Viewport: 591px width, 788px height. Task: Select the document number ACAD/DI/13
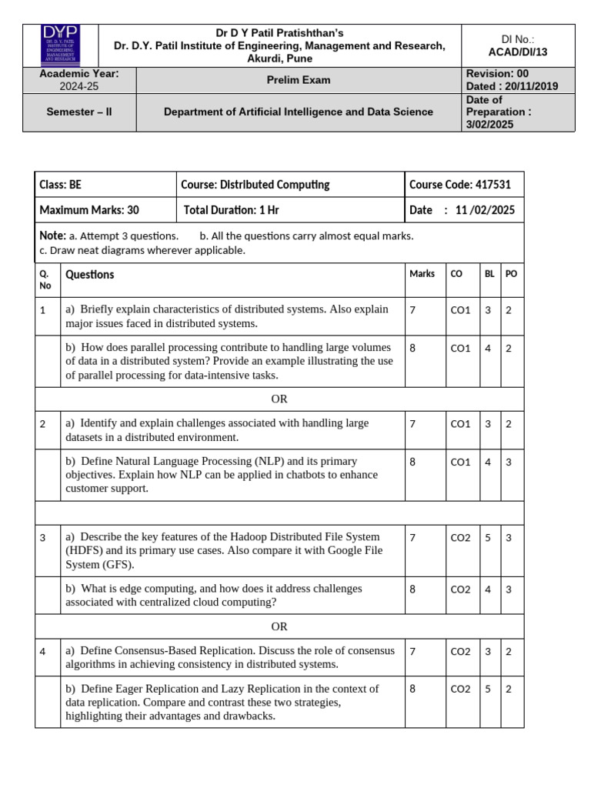518,52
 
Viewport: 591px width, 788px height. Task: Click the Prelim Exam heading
299,80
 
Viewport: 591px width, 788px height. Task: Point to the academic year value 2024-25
79,86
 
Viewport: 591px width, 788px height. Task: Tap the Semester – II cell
79,112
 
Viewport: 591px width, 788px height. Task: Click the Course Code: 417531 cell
460,185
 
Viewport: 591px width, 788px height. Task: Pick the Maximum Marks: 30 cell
89,210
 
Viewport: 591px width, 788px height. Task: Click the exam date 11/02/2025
486,210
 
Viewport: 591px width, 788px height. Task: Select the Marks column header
422,274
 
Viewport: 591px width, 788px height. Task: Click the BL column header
489,274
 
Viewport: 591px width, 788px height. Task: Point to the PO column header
511,274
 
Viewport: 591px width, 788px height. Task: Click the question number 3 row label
43,538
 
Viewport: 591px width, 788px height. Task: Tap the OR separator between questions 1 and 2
279,399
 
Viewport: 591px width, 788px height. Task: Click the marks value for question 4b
413,689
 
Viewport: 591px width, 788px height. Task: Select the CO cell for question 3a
460,538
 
